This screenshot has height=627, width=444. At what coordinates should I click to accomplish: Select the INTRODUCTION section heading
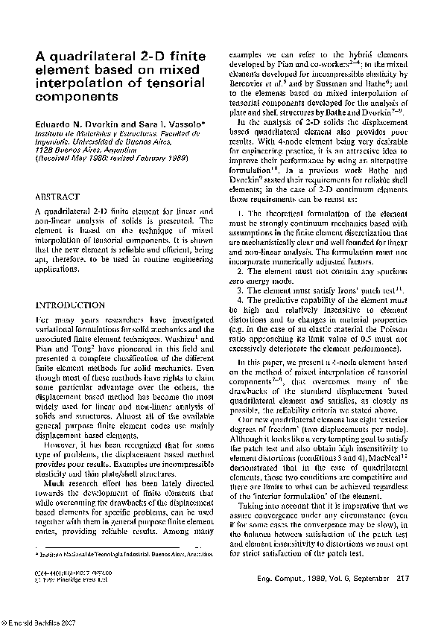pos(70,305)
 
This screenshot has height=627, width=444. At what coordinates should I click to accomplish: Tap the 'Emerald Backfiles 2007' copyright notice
pos(38,621)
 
